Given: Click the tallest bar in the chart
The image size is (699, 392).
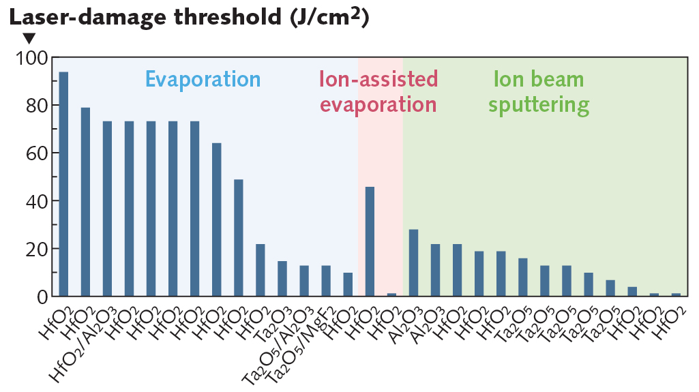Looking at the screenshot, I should click(63, 184).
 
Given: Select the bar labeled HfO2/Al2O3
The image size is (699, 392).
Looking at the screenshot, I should click(107, 209).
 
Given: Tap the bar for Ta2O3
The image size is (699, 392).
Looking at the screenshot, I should click(282, 279).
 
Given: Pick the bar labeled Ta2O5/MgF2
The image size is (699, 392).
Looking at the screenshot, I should click(325, 281).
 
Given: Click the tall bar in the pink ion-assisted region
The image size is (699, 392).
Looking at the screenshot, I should click(370, 241).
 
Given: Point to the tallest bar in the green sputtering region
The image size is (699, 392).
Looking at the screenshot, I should click(413, 262).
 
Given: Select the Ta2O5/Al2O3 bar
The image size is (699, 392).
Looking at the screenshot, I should click(303, 281).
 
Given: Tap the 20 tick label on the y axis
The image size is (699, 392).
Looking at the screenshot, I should click(34, 249).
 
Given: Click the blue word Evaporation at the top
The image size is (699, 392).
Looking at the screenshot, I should click(203, 79).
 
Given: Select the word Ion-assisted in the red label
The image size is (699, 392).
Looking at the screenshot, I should click(378, 79).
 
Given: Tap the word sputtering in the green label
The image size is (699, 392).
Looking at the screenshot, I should click(542, 105).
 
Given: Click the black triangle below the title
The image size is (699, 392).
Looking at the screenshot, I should click(29, 38).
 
